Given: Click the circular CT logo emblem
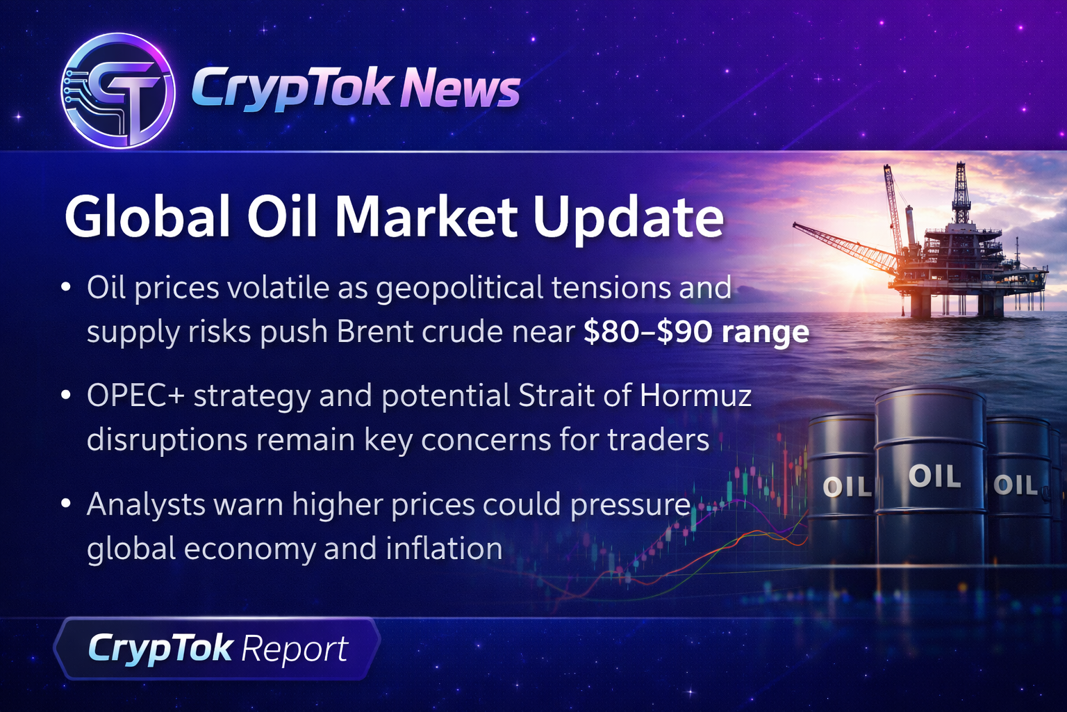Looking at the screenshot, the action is (x=118, y=90).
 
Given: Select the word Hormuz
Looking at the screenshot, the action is (x=696, y=396).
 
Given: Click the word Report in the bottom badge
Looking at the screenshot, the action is (x=295, y=649).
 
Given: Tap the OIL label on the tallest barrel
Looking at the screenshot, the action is (x=934, y=476).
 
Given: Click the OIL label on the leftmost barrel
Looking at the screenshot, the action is (x=847, y=487).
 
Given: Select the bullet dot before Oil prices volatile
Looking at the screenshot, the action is (x=66, y=287).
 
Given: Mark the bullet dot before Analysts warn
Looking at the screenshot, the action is (x=66, y=503).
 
